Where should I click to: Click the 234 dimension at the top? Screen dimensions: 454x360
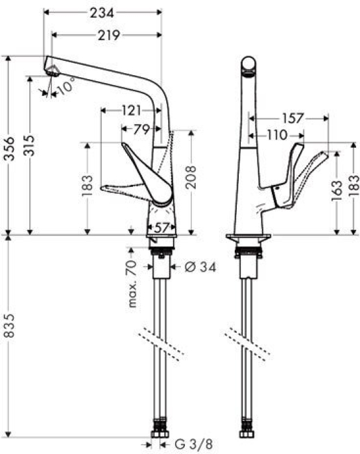(101, 13)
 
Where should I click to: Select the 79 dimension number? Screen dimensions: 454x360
(142, 130)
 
